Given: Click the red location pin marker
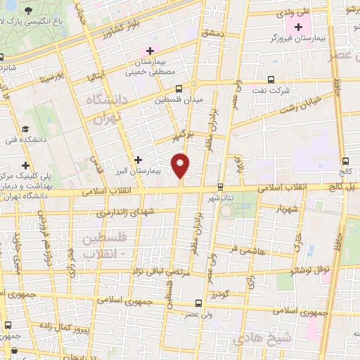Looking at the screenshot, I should pos(181,165).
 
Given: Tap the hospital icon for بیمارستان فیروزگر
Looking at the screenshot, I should pos(299,27).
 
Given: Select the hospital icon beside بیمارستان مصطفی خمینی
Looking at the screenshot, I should pos(149,51).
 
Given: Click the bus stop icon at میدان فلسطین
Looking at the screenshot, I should pos(179,89).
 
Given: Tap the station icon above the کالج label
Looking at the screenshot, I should pos(345,161).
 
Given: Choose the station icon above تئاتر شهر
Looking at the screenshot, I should pos(221,186).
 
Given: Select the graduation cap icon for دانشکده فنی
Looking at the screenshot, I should pos(25,129).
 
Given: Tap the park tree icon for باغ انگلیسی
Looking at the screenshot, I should pos(28,12).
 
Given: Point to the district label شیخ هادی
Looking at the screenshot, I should pos(285,337).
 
